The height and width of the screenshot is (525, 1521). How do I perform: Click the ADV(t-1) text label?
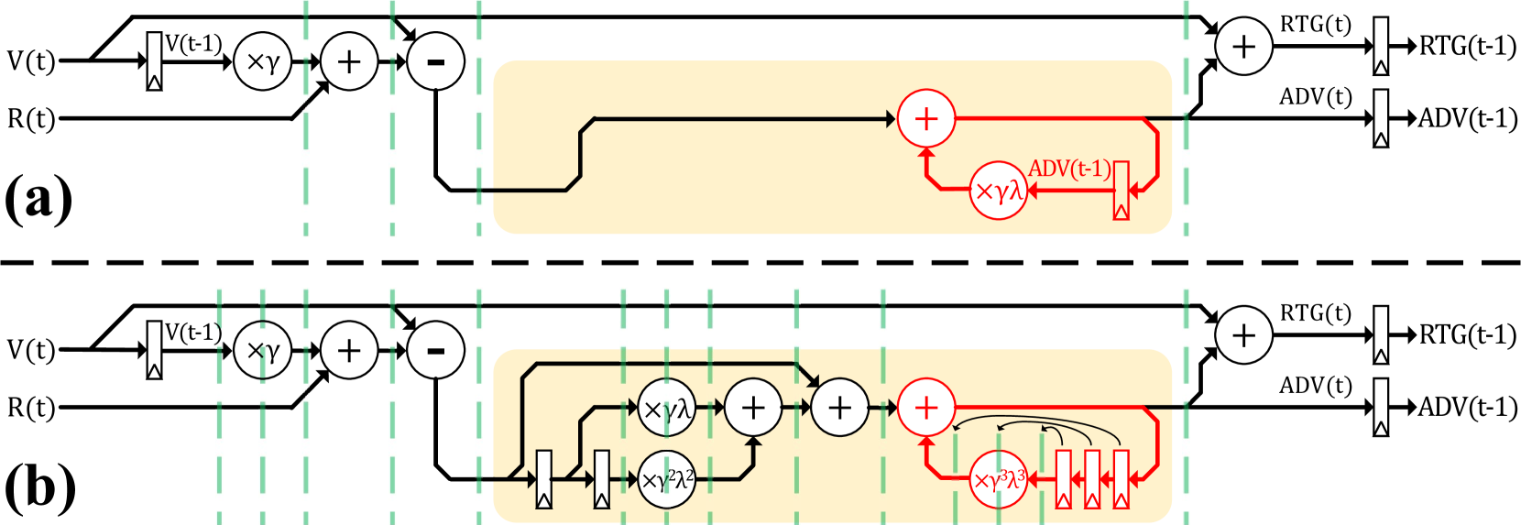click(1069, 170)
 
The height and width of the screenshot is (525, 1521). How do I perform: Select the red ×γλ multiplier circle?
click(998, 191)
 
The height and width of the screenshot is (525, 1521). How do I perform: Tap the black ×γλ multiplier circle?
click(666, 408)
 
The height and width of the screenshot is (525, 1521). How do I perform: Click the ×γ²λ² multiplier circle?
click(666, 479)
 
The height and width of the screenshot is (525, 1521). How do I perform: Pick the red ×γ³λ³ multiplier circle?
click(998, 479)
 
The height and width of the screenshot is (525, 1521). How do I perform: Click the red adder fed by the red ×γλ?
click(926, 118)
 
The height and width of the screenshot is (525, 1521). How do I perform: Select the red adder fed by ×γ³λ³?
click(926, 408)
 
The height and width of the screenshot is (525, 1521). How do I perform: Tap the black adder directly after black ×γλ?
click(753, 408)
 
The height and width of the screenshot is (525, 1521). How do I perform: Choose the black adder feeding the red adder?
click(839, 408)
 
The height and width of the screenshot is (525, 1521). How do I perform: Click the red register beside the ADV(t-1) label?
click(1121, 191)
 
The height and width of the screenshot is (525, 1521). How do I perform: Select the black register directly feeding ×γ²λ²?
click(602, 479)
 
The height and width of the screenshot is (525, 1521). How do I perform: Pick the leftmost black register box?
click(544, 479)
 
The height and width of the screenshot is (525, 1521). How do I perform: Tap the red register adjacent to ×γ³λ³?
click(1063, 479)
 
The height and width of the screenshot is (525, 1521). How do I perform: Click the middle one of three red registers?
click(1092, 479)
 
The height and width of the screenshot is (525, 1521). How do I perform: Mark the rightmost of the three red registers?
click(1121, 479)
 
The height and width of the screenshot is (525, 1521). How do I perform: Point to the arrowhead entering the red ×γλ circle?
click(1032, 191)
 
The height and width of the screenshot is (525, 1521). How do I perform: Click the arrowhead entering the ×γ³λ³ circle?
click(1032, 479)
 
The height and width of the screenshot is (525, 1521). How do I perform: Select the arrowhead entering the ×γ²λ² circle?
click(632, 479)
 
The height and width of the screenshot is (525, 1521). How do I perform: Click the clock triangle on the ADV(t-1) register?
click(1121, 213)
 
